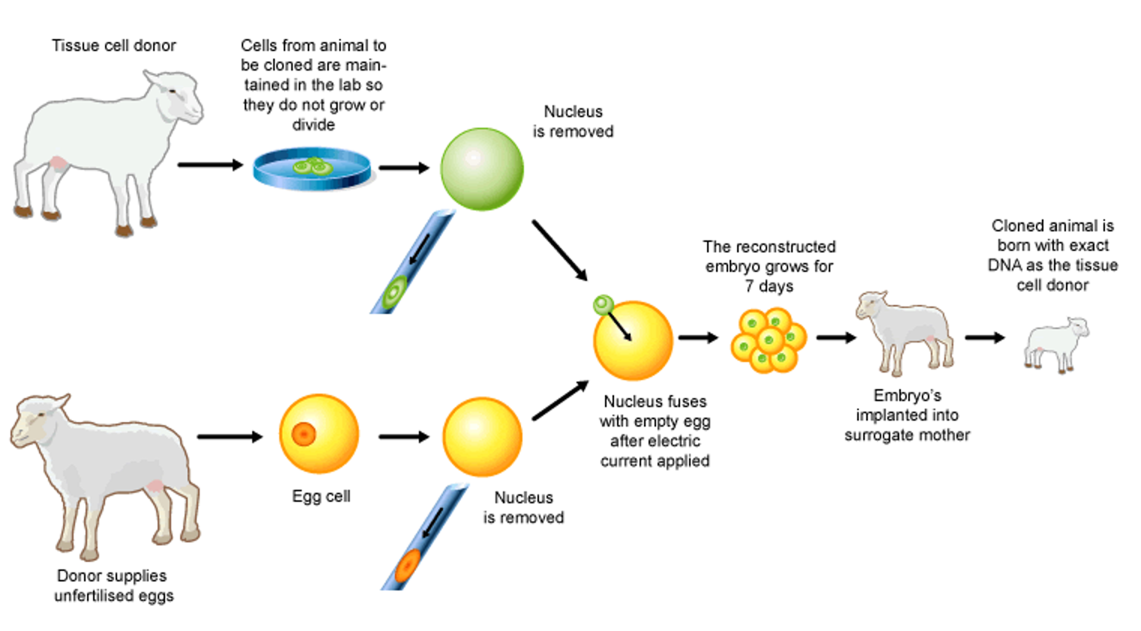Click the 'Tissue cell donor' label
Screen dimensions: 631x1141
[x=113, y=46]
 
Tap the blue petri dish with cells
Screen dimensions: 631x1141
[x=312, y=168]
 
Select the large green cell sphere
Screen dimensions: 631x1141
[x=481, y=169]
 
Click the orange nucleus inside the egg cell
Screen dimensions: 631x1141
[x=303, y=434]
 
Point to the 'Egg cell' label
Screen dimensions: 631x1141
[x=321, y=497]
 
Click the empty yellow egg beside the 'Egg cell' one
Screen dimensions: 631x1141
[x=482, y=436]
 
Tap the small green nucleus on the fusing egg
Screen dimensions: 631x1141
[x=603, y=304]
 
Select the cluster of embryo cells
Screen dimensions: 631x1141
[x=768, y=340]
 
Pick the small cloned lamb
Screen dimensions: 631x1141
[x=1056, y=344]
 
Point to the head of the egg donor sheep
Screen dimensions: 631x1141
[x=38, y=421]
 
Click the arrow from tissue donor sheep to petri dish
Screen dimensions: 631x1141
[x=210, y=165]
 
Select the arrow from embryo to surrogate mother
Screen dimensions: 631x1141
[x=835, y=337]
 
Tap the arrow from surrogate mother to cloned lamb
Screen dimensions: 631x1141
[x=984, y=337]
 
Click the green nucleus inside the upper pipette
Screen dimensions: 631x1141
[x=393, y=291]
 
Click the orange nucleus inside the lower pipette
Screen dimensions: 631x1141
[x=408, y=566]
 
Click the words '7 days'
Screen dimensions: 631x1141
[x=769, y=286]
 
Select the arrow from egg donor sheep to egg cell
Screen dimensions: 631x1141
[x=230, y=436]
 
